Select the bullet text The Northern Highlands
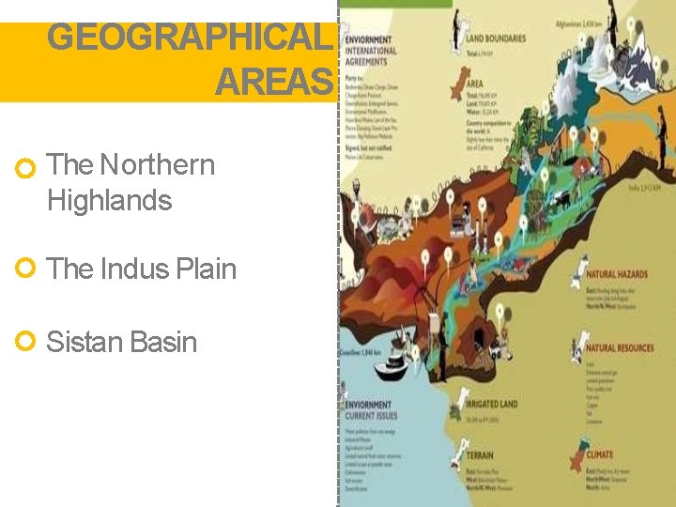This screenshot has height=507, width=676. tap(131, 182)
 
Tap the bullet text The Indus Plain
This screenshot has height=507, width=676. tap(141, 269)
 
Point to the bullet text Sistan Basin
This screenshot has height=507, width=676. tap(121, 342)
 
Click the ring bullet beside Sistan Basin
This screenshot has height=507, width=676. tap(26, 342)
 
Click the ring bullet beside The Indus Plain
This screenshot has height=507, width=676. tap(26, 269)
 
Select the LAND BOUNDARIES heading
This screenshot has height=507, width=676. tap(496, 38)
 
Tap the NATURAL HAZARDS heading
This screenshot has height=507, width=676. tap(617, 274)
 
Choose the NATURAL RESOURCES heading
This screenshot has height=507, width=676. tap(619, 348)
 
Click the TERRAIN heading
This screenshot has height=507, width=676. tap(481, 455)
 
